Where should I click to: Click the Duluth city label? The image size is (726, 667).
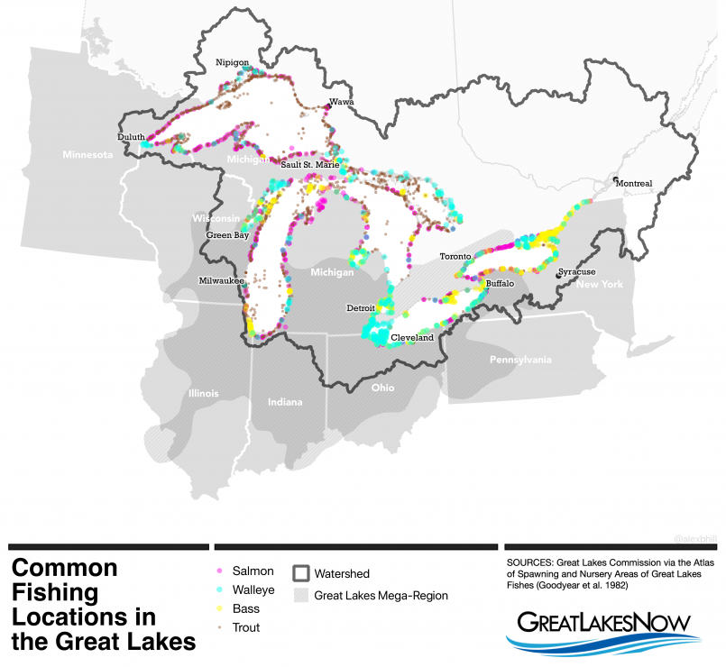(x=131, y=137)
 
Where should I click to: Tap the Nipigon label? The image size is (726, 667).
(x=232, y=62)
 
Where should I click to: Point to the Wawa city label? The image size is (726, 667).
(x=341, y=103)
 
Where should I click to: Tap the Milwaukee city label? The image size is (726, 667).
(x=223, y=280)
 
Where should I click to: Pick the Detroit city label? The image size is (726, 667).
(x=361, y=307)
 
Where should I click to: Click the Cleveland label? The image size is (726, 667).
(x=412, y=337)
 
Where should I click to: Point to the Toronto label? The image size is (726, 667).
(x=455, y=257)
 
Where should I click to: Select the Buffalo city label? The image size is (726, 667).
(x=498, y=283)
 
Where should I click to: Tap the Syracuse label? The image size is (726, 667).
(x=576, y=271)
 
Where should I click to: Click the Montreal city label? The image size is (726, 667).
(x=634, y=184)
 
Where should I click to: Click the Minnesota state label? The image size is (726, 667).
(x=87, y=155)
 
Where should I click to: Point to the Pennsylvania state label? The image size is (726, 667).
(x=519, y=360)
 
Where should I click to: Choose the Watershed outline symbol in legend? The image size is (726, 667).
(x=302, y=573)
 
